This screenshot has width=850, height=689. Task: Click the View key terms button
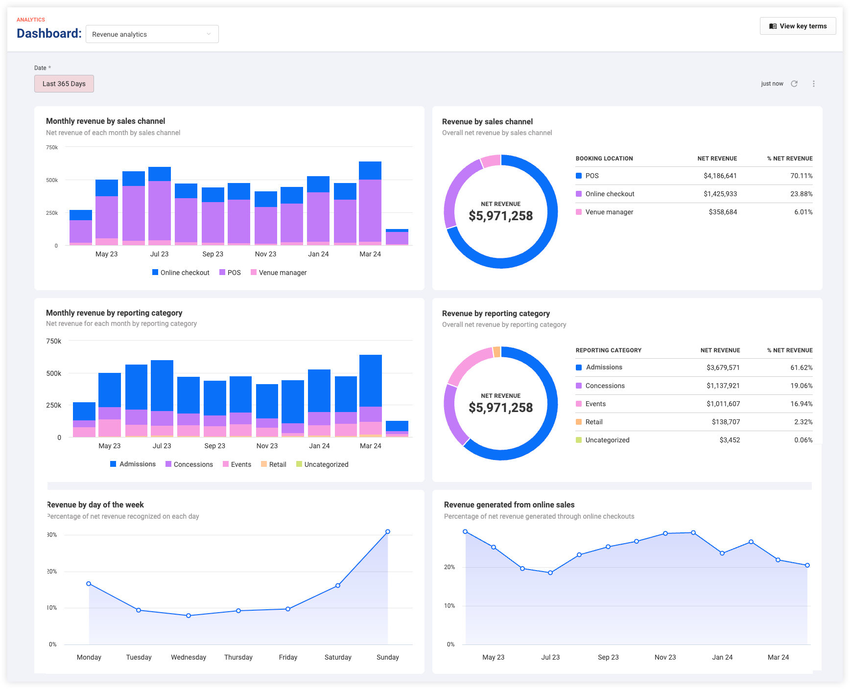pos(798,26)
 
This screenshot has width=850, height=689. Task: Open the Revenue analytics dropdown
pos(152,34)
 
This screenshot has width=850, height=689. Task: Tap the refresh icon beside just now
pos(794,84)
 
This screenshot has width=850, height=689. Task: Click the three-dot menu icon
pos(814,84)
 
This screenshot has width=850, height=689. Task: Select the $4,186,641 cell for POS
pos(720,176)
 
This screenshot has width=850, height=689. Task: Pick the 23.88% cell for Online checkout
pos(801,194)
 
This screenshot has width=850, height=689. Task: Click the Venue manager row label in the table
pos(609,212)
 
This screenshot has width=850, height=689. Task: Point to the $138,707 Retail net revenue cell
pos(726,422)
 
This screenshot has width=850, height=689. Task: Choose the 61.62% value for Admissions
pos(801,367)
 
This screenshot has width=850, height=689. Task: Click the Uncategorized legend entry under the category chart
pos(322,464)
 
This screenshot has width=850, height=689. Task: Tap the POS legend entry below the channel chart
pos(230,273)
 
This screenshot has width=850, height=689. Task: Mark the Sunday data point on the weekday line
pos(388,531)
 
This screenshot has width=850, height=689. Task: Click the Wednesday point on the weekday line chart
pos(189,616)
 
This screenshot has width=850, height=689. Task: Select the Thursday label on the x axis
pos(238,657)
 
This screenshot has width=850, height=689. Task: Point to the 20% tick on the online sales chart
pos(449,567)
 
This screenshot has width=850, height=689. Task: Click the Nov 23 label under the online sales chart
pos(665,657)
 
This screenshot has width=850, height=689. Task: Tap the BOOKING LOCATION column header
pos(604,159)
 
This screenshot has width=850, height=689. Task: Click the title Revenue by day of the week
pos(95,505)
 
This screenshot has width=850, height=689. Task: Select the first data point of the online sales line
pos(465,531)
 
